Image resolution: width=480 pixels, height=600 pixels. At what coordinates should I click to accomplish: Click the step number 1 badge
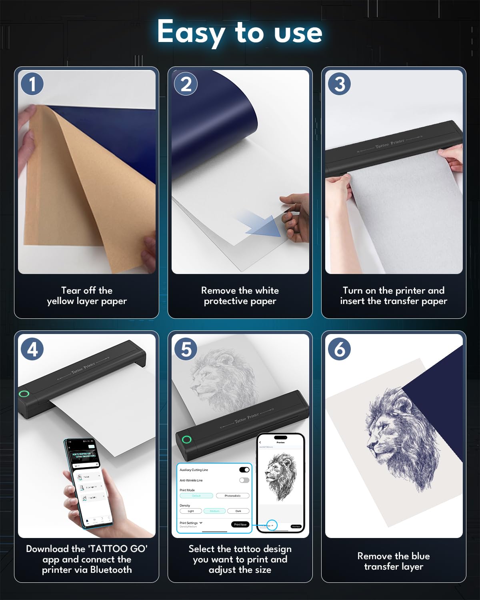[32, 84]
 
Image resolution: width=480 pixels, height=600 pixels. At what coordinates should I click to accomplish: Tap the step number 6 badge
[340, 349]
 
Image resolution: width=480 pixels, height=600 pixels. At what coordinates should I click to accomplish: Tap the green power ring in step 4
[24, 394]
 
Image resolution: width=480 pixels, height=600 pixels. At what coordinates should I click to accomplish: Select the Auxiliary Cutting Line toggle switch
[244, 470]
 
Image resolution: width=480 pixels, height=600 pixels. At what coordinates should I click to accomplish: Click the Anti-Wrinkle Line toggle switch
[244, 480]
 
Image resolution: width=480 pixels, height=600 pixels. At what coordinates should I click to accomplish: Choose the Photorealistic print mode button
[232, 496]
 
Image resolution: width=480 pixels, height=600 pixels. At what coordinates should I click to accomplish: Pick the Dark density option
[238, 511]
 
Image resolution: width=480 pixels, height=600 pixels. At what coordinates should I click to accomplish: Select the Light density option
[191, 511]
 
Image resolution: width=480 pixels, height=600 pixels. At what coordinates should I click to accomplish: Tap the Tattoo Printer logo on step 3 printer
[390, 144]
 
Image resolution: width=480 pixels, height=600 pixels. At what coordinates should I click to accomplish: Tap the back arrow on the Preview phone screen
[260, 442]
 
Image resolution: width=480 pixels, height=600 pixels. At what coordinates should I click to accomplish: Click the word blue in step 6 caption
[420, 556]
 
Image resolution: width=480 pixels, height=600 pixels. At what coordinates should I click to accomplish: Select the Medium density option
[214, 511]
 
